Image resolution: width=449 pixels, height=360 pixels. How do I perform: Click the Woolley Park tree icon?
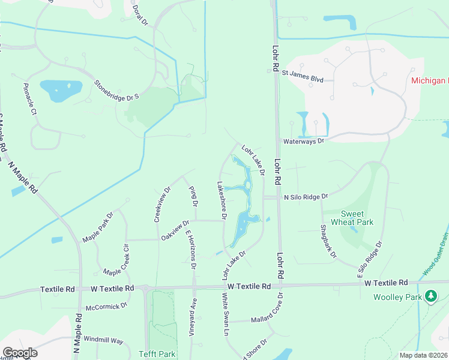pos(430,296)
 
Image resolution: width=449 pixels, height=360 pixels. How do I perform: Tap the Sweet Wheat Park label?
pos(357,218)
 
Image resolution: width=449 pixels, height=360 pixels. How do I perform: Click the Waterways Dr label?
pos(304,141)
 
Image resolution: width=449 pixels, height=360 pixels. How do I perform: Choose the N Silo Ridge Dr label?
pos(306,197)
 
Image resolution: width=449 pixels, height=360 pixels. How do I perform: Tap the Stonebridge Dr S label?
pos(116,88)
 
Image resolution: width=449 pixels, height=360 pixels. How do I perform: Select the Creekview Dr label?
pos(163,204)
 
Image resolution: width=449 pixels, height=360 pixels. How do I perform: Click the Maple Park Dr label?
pos(98,227)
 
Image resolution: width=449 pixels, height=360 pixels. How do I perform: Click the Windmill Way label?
pos(103,340)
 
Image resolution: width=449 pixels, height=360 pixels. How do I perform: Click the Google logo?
pos(19,352)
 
